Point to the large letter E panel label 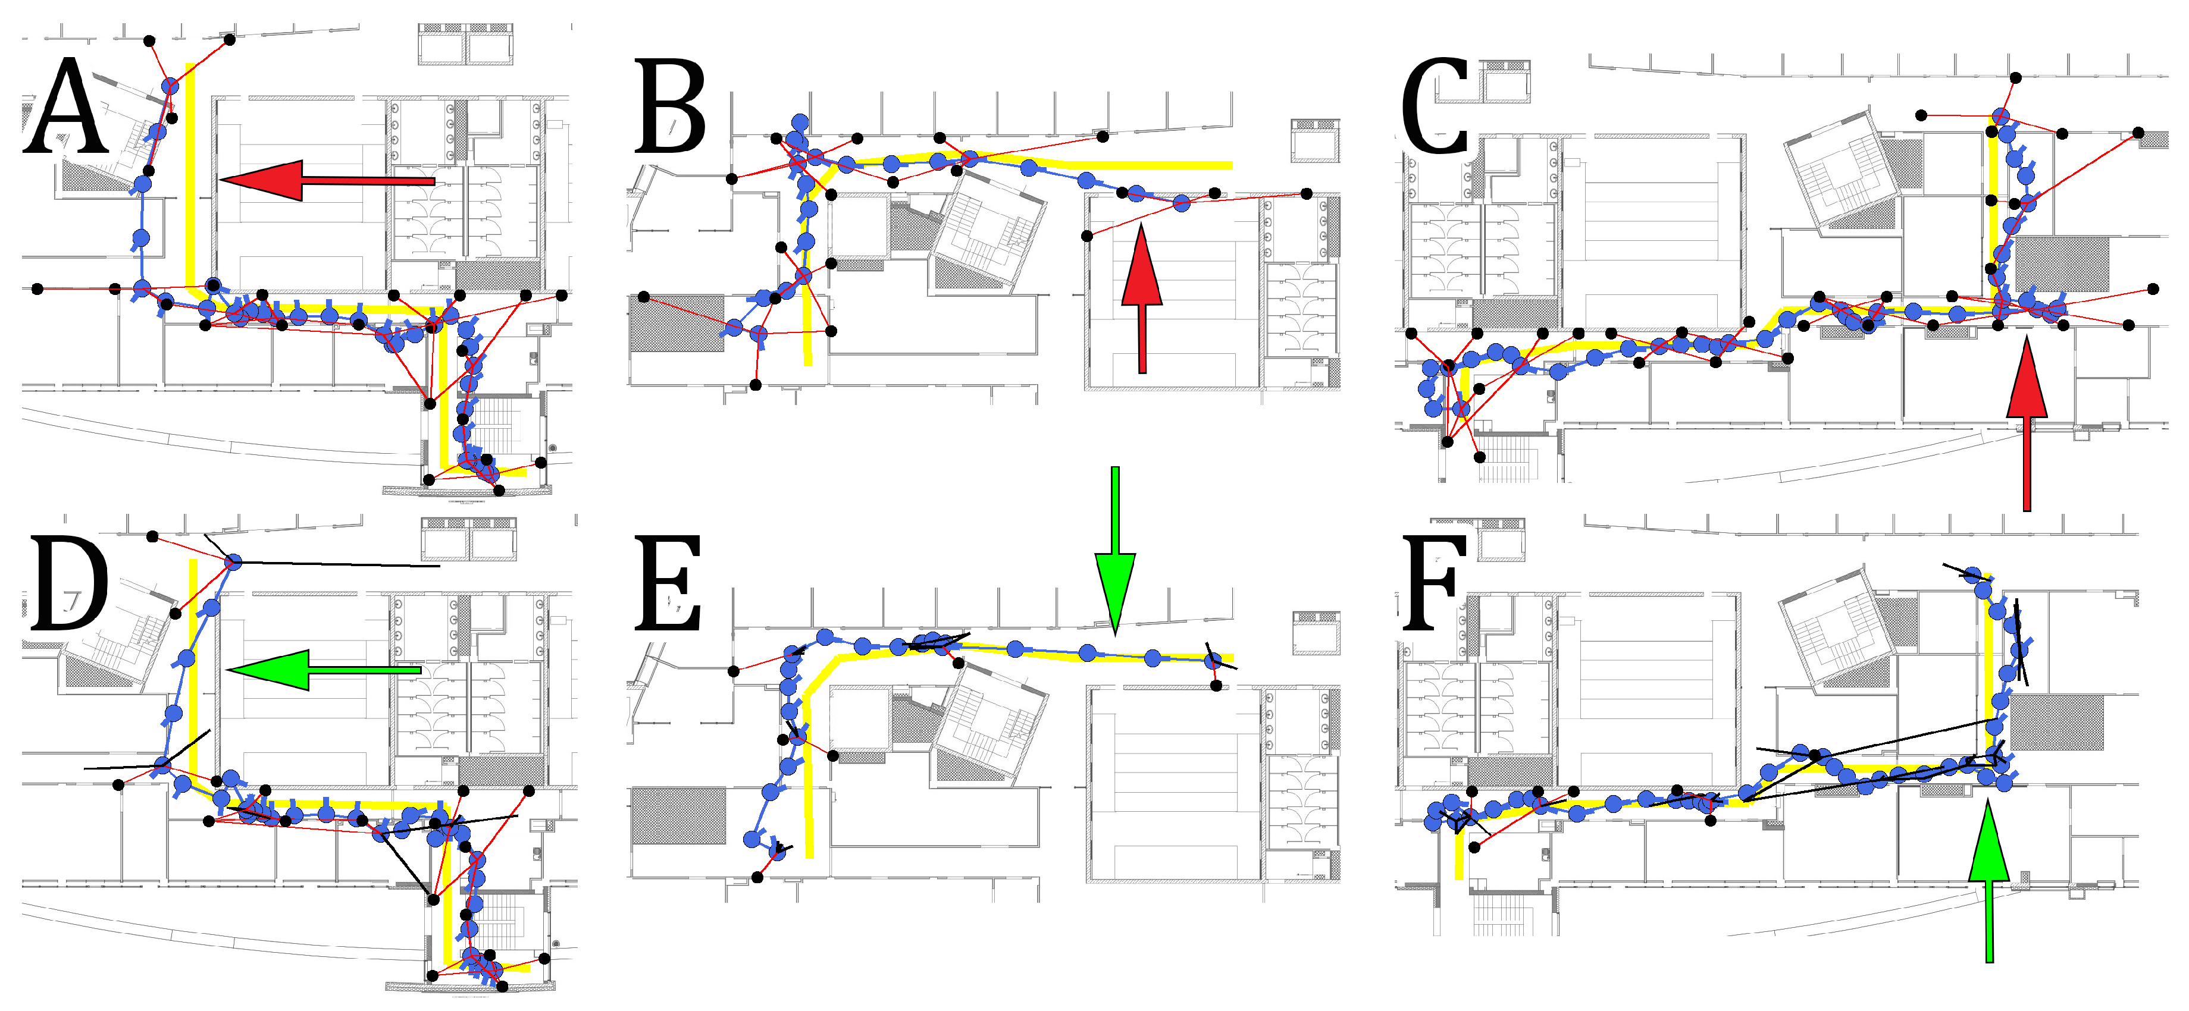point(668,585)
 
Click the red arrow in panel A point(327,180)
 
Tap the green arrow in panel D point(324,670)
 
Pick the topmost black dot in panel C point(2015,77)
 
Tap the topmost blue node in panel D point(234,561)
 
